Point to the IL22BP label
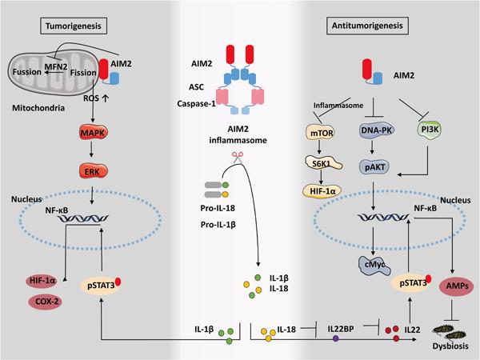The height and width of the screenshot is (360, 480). click(323, 329)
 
